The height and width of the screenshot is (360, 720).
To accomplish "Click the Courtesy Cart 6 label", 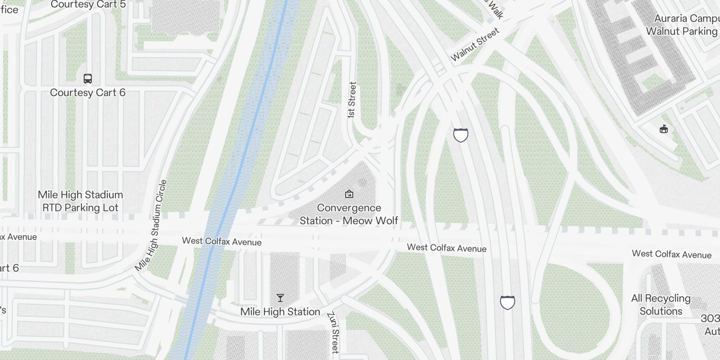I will [88, 93].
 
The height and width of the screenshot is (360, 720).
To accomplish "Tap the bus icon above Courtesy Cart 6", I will [88, 79].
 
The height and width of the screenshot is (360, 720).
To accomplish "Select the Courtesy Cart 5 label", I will [88, 5].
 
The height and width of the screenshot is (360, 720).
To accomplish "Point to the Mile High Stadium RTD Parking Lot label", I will [80, 201].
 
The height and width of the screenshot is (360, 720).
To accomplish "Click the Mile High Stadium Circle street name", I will [152, 225].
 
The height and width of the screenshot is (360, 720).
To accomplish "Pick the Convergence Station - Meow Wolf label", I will [349, 214].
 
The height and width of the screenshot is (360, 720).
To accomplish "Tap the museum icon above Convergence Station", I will [349, 194].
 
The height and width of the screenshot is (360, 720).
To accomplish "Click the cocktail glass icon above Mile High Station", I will [280, 298].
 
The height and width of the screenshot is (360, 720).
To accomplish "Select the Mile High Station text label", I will [280, 311].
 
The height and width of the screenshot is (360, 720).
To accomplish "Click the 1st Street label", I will [352, 100].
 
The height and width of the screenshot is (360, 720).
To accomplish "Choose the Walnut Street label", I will [475, 44].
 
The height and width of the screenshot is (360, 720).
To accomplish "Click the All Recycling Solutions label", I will [661, 305].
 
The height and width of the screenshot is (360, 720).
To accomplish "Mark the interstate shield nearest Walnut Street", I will [460, 135].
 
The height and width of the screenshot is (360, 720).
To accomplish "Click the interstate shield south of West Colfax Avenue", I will [507, 302].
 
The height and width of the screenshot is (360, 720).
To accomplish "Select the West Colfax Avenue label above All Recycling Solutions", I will [671, 254].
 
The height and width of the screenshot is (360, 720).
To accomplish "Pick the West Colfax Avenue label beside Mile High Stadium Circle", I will [221, 242].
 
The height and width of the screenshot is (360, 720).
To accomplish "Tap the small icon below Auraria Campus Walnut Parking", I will [663, 130].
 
